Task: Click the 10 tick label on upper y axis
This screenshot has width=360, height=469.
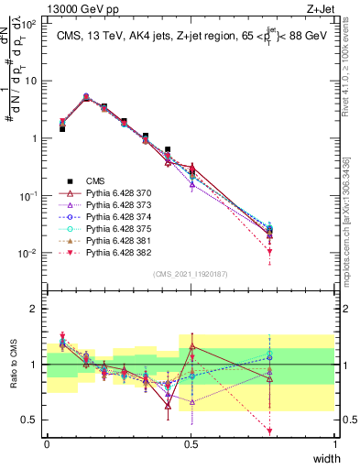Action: (x=31, y=81)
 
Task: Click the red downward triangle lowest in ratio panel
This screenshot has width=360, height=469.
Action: (x=269, y=431)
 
